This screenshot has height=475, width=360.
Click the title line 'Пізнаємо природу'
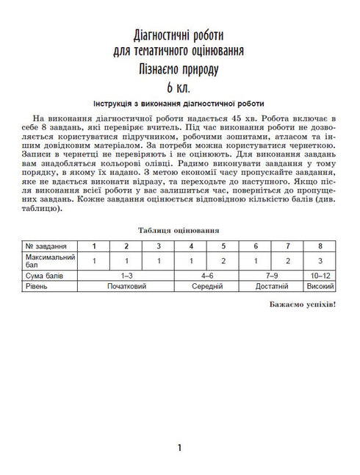tap(180, 69)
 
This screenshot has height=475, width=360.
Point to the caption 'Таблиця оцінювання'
tap(180, 229)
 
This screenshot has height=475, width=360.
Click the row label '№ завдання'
tap(46, 245)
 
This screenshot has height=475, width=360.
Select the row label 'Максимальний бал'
tap(46, 260)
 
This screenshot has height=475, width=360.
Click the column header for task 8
tap(320, 245)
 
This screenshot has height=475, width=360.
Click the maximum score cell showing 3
tap(320, 260)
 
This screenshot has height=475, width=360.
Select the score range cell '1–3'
tap(127, 274)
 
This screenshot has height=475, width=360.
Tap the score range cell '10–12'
tap(320, 274)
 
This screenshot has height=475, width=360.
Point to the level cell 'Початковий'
tap(127, 285)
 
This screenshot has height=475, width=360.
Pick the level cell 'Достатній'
tap(272, 285)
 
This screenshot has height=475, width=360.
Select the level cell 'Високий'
tap(320, 285)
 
